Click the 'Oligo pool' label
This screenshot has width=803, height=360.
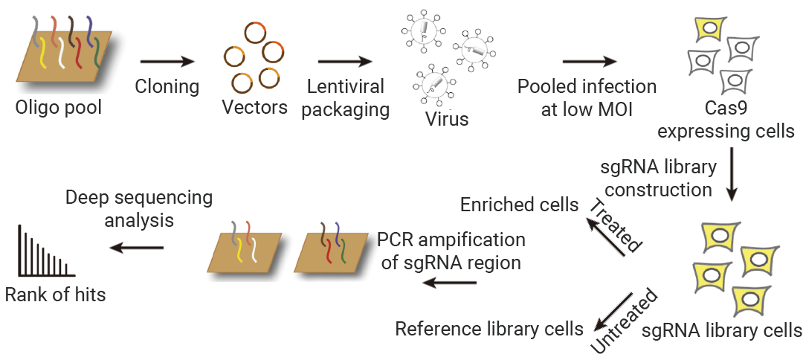click(59, 108)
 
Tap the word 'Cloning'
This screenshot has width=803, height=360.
click(167, 86)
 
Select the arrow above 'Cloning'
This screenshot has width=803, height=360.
click(167, 62)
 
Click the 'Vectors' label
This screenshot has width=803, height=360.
click(254, 108)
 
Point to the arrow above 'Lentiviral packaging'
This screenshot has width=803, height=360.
click(345, 62)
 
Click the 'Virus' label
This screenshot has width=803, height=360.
click(447, 119)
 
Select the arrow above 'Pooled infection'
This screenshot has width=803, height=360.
click(590, 62)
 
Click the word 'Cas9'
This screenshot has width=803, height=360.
click(726, 109)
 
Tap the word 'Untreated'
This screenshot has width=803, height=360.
click(625, 321)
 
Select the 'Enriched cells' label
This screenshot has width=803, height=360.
click(519, 205)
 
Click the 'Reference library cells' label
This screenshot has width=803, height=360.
click(489, 328)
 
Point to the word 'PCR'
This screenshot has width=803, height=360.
click(394, 240)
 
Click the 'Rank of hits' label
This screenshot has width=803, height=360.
click(55, 295)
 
